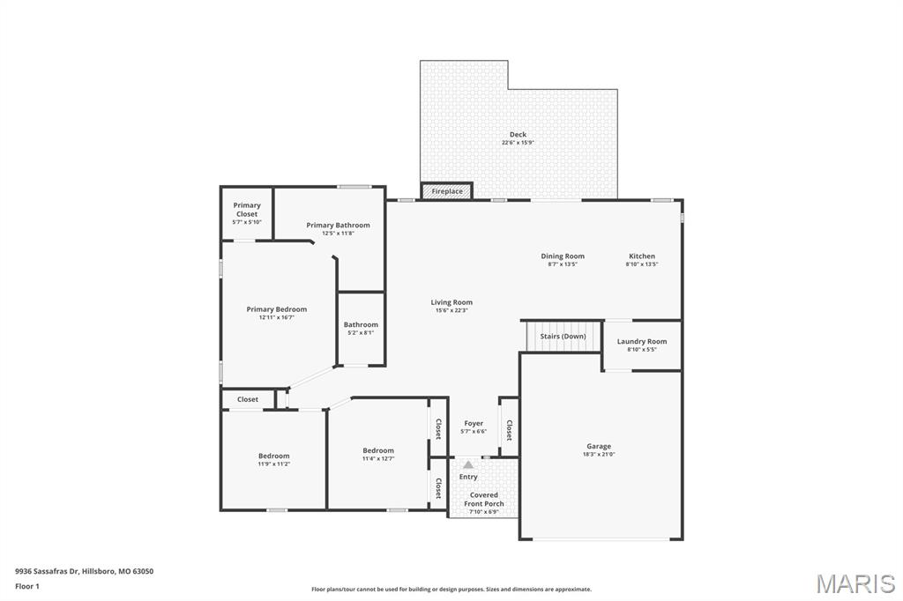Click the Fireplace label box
(x=447, y=191)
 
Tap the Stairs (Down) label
(x=563, y=337)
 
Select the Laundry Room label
(x=642, y=341)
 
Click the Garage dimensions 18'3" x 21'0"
(x=599, y=455)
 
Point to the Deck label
(x=518, y=135)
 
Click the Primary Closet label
(x=247, y=210)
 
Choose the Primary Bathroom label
(x=338, y=226)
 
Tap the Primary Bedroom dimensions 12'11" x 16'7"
(x=277, y=318)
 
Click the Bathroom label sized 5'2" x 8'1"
(x=361, y=324)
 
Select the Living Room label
(x=451, y=302)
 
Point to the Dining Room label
(x=563, y=256)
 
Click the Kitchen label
(x=642, y=256)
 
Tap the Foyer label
(x=474, y=424)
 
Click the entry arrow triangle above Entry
(x=468, y=464)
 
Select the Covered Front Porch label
(x=483, y=500)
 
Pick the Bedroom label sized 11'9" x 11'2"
(x=273, y=456)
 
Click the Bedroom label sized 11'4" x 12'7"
(x=378, y=450)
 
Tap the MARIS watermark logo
(x=854, y=583)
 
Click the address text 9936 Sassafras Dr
(x=49, y=571)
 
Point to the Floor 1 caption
(x=27, y=586)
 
